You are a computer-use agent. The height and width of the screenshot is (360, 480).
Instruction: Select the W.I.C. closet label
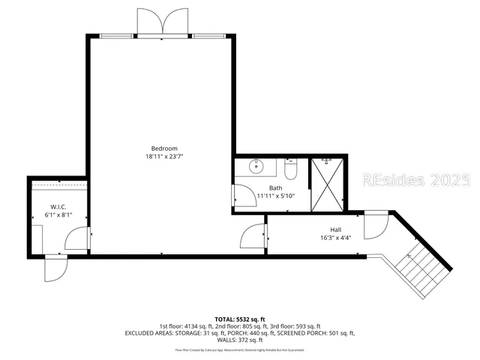(x=59, y=206)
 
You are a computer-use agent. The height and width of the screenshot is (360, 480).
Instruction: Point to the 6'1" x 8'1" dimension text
(x=59, y=214)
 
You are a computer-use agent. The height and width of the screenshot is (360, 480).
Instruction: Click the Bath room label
(x=276, y=187)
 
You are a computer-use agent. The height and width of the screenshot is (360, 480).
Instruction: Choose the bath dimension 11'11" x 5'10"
(x=276, y=196)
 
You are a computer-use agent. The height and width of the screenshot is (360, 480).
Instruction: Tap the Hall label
(x=336, y=230)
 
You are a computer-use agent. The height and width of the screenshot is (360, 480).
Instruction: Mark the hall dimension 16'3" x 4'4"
(x=336, y=238)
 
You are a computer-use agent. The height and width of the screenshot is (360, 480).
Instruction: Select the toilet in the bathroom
(x=293, y=169)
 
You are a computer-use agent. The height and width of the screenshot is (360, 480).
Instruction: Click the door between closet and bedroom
(x=77, y=238)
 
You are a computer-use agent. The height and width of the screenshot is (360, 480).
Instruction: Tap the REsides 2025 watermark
(x=416, y=181)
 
